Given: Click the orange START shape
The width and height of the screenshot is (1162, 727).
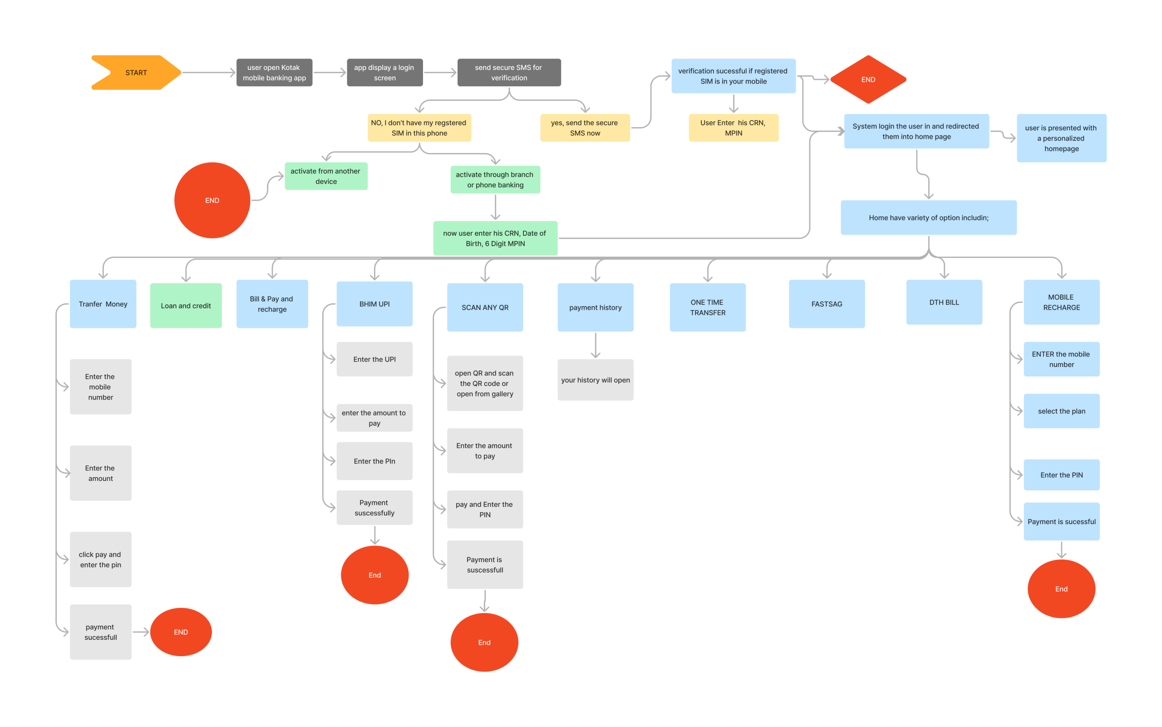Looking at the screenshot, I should [136, 73].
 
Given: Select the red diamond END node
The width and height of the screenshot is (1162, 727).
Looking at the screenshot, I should [868, 79].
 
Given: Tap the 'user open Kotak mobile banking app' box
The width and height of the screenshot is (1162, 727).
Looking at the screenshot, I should [274, 73].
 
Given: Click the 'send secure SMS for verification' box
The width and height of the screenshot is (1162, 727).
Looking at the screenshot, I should [509, 73].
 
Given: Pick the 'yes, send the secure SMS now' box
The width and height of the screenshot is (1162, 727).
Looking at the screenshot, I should [584, 128].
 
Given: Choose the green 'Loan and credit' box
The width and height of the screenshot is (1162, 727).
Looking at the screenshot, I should [186, 306].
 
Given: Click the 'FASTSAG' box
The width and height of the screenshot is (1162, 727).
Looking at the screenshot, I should [826, 304].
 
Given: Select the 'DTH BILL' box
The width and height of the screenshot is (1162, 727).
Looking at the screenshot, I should [944, 302].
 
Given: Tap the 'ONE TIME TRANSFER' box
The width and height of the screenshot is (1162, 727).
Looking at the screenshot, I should [707, 307].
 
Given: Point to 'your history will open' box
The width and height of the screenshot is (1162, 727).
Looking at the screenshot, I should [595, 380].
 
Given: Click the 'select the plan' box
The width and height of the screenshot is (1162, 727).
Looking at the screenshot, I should [1061, 411].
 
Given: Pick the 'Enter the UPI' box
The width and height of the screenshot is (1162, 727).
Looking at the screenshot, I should [374, 359].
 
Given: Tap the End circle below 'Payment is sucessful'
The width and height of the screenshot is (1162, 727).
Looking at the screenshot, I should [1061, 589].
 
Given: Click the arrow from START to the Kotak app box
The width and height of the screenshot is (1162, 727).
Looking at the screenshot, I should [208, 73].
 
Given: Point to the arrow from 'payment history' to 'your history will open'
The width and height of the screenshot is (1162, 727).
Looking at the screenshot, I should [596, 345].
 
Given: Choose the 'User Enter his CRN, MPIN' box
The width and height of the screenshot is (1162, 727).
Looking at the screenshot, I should [733, 128].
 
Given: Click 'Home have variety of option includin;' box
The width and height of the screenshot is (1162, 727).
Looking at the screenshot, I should [928, 218].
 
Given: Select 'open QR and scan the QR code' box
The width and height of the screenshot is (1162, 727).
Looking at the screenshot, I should [484, 383].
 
